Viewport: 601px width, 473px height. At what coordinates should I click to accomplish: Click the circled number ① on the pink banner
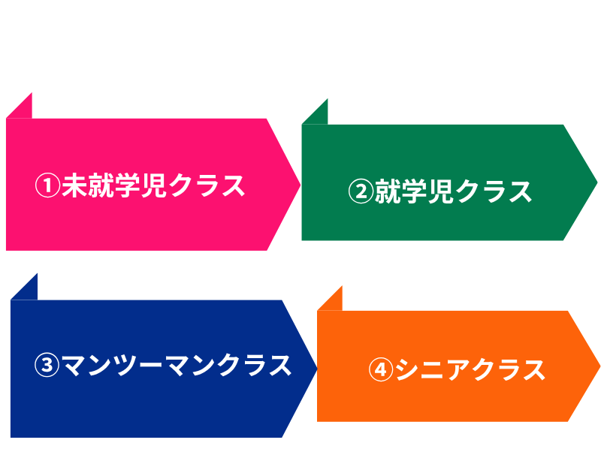tap(47, 185)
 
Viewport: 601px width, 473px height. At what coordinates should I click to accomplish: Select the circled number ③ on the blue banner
tap(47, 366)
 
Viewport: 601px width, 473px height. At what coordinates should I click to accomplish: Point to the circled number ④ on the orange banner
tap(381, 370)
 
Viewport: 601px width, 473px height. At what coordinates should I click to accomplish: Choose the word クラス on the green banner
tap(494, 191)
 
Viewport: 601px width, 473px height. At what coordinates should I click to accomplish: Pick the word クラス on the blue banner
tap(255, 366)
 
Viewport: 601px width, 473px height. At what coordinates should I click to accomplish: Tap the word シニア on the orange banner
tap(432, 370)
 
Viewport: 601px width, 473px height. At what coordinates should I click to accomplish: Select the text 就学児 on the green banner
tap(412, 191)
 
